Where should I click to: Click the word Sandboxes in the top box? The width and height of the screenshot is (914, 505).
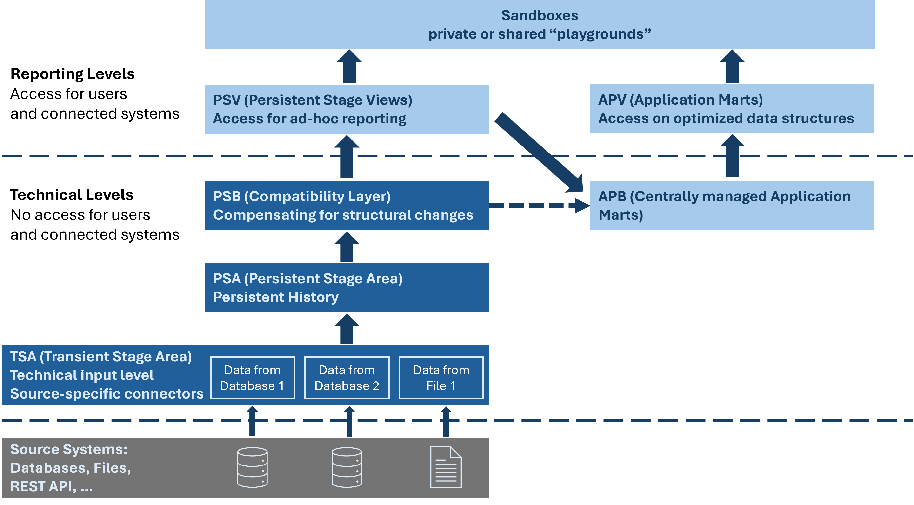pyautogui.click(x=539, y=16)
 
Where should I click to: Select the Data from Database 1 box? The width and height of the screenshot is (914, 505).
pyautogui.click(x=252, y=378)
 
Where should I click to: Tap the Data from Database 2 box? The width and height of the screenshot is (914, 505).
pyautogui.click(x=347, y=378)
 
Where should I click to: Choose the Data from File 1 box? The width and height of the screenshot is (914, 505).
pyautogui.click(x=441, y=378)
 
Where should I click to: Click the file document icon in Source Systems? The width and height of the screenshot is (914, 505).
pyautogui.click(x=446, y=467)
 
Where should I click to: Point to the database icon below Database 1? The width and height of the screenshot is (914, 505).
pyautogui.click(x=252, y=467)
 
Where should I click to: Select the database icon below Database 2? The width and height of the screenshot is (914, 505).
pyautogui.click(x=347, y=467)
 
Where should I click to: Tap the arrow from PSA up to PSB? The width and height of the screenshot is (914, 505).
pyautogui.click(x=347, y=247)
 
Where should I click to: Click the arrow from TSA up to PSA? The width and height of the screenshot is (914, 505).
pyautogui.click(x=347, y=329)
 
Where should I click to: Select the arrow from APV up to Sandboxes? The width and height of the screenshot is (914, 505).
pyautogui.click(x=732, y=67)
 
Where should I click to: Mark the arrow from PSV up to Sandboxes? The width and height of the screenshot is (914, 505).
pyautogui.click(x=349, y=67)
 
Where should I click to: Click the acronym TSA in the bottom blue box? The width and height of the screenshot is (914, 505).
pyautogui.click(x=23, y=357)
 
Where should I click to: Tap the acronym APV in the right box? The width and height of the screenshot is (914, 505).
pyautogui.click(x=612, y=100)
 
